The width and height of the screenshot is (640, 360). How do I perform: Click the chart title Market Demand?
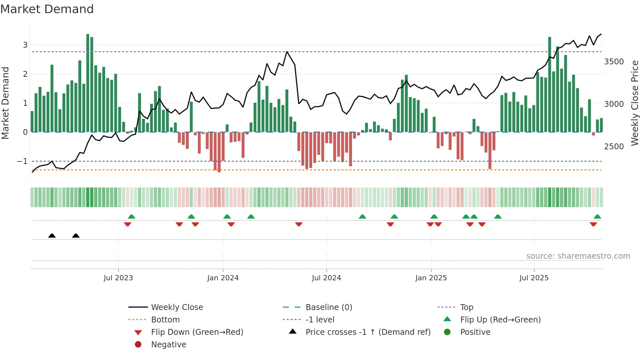pyautogui.click(x=47, y=9)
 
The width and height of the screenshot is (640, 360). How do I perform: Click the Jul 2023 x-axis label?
pyautogui.click(x=118, y=278)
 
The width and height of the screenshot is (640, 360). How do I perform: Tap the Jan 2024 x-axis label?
pyautogui.click(x=223, y=278)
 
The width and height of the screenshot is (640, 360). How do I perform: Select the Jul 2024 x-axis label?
pyautogui.click(x=326, y=278)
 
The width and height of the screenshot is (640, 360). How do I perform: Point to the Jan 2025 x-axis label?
pyautogui.click(x=431, y=278)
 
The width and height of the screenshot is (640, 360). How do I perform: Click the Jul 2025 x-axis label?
pyautogui.click(x=534, y=278)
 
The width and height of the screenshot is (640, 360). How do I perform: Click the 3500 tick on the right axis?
pyautogui.click(x=614, y=62)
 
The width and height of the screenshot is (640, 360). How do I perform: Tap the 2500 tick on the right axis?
pyautogui.click(x=614, y=147)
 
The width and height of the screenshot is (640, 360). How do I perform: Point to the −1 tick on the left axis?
pyautogui.click(x=22, y=161)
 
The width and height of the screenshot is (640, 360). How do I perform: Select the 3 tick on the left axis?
pyautogui.click(x=25, y=45)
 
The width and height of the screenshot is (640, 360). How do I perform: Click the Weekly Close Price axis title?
pyautogui.click(x=634, y=103)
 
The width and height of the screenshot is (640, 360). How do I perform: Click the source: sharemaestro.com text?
pyautogui.click(x=578, y=256)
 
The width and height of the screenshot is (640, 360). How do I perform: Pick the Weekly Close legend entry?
pyautogui.click(x=177, y=307)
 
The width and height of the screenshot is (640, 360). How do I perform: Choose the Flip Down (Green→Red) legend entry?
pyautogui.click(x=197, y=332)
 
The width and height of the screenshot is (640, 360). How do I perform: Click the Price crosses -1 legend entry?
pyautogui.click(x=368, y=332)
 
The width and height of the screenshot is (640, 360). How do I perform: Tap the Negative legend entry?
pyautogui.click(x=168, y=345)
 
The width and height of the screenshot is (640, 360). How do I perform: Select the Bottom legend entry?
pyautogui.click(x=165, y=320)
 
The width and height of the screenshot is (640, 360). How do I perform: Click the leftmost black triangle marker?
pyautogui.click(x=52, y=236)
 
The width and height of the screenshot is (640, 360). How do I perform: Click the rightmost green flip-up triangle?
pyautogui.click(x=597, y=217)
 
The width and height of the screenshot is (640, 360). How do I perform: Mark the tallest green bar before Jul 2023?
pyautogui.click(x=88, y=82)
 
